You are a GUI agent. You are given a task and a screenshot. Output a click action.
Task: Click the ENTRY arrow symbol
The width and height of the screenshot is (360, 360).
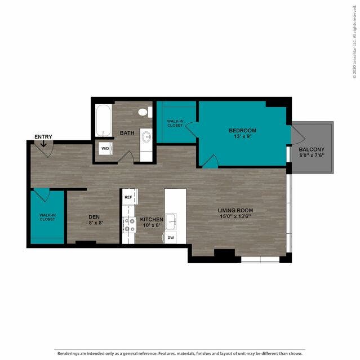point(43,144)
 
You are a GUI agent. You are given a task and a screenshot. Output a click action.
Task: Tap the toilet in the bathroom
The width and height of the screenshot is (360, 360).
point(145,112)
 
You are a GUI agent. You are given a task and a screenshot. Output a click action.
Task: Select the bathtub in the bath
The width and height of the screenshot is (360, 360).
point(104,121)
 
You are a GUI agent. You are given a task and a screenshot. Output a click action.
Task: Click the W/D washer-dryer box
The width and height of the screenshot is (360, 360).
point(105,149)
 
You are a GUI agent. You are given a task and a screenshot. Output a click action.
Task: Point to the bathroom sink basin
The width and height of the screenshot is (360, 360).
point(146,137)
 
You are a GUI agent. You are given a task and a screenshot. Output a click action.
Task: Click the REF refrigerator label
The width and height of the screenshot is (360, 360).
point(128,197)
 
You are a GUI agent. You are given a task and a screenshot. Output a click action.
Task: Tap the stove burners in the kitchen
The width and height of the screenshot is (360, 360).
point(129,225)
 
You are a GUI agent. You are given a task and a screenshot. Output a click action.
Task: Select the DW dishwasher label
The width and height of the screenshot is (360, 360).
point(171,238)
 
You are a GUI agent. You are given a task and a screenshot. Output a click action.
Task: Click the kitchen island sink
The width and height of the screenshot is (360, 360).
point(171,222)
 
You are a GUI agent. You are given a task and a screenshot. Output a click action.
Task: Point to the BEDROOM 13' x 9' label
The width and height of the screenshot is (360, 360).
point(242,134)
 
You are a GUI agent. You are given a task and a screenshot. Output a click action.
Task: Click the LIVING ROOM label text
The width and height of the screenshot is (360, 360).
point(235,210)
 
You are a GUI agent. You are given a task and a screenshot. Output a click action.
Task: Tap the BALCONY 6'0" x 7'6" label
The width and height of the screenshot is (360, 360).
point(312,152)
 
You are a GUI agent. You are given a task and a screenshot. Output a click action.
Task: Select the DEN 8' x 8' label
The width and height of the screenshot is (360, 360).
point(94,220)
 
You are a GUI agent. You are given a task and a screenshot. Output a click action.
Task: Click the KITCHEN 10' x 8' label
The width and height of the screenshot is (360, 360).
point(152,222)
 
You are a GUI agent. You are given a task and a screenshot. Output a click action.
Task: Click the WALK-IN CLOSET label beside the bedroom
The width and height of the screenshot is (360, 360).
point(175,123)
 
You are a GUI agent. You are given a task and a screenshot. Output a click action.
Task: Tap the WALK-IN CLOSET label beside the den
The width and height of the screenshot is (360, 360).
point(47,217)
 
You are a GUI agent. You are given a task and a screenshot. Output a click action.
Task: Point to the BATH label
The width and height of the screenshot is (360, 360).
point(127,133)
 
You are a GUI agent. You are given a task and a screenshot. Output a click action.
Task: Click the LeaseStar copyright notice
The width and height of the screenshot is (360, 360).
point(354,42)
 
